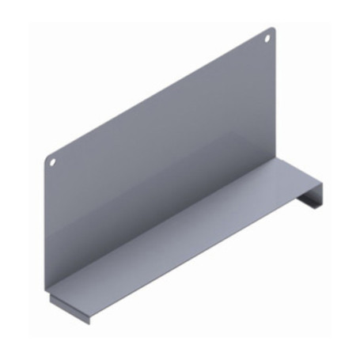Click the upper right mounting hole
pyautogui.click(x=269, y=36)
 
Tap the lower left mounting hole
pyautogui.click(x=53, y=161)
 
